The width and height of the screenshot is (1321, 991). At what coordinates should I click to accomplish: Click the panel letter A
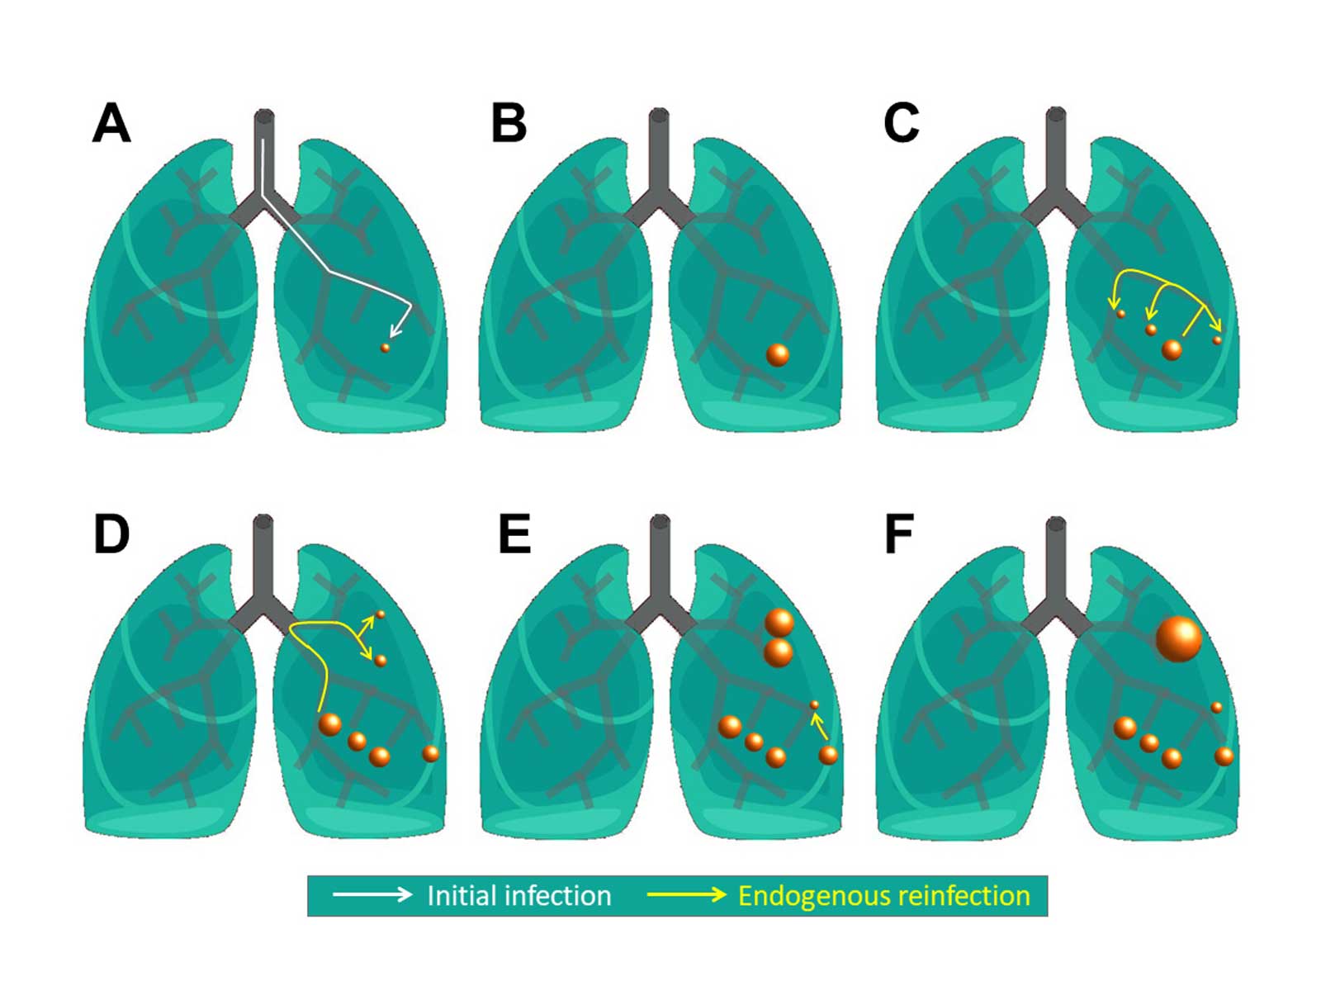(x=111, y=124)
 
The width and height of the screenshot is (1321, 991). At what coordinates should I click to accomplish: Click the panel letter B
(x=509, y=124)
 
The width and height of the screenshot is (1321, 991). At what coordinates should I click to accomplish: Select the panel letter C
(x=901, y=124)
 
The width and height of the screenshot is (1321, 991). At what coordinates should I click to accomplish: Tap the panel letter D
(x=111, y=534)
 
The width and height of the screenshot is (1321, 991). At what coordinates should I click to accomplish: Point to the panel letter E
(x=514, y=534)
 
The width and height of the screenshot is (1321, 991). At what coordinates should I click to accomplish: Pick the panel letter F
(x=898, y=534)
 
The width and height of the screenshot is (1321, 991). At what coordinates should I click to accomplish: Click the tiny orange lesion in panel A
(x=385, y=348)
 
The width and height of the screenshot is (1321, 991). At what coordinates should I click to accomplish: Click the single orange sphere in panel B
(x=778, y=354)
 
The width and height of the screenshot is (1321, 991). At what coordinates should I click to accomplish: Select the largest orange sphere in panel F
(x=1178, y=638)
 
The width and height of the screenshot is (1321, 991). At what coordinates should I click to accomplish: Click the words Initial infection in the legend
(x=518, y=896)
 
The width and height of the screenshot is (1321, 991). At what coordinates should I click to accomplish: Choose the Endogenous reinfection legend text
(x=883, y=896)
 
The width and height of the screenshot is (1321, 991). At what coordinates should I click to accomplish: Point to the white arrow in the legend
(x=372, y=894)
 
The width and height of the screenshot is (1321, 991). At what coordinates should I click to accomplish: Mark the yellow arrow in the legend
(x=686, y=894)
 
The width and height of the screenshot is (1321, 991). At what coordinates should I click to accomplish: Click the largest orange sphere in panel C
(x=1172, y=349)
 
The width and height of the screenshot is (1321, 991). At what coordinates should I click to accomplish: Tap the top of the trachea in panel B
(x=659, y=114)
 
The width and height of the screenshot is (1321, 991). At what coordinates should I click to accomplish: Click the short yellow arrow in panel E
(x=819, y=726)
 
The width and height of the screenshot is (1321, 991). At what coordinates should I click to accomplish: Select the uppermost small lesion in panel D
(x=381, y=614)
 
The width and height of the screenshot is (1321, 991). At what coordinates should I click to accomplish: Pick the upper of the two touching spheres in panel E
(x=779, y=623)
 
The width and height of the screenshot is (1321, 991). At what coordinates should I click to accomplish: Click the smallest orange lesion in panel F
(x=1216, y=707)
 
